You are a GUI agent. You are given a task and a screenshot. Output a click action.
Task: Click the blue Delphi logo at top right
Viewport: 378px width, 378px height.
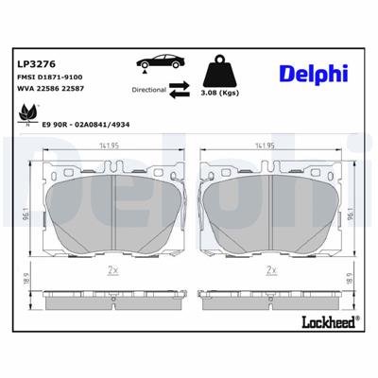tap(313, 74)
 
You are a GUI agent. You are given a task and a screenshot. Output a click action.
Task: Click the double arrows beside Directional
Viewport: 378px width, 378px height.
tap(179, 91)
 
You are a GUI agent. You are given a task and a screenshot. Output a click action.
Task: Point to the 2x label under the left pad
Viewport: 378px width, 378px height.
tap(112, 270)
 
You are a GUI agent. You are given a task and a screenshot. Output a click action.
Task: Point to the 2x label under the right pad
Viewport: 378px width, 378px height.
tap(271, 270)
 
